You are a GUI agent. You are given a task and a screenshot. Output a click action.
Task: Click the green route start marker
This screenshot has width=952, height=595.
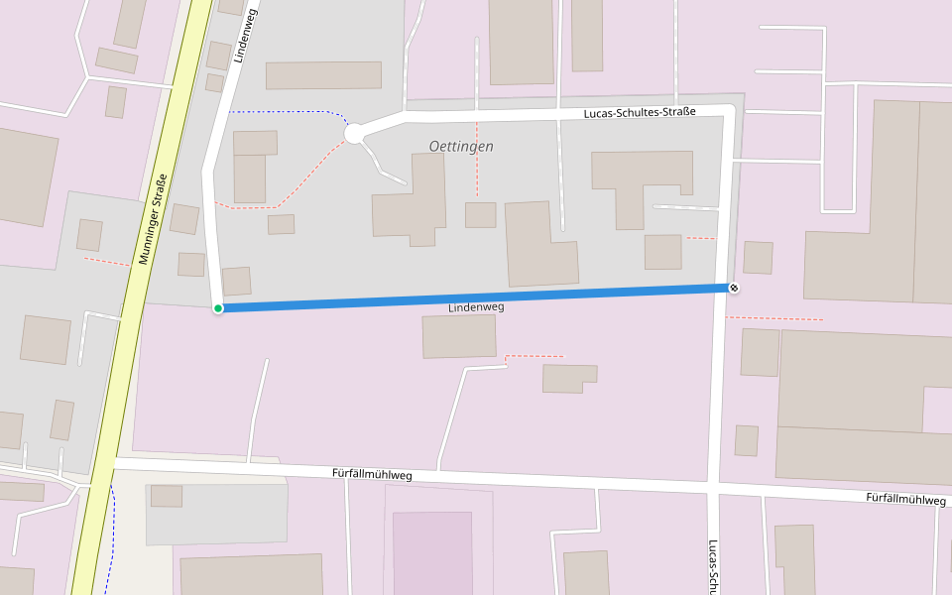218,308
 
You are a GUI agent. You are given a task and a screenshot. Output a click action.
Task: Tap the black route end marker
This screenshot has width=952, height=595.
734,288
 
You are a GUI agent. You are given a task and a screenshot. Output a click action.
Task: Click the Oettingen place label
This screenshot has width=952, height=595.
461,147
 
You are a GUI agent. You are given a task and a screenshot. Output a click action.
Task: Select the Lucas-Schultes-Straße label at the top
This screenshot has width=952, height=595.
640,114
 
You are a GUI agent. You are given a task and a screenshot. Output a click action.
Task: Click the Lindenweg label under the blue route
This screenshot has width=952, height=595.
476,308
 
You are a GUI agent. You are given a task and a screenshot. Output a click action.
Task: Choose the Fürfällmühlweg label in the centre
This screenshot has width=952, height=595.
372,475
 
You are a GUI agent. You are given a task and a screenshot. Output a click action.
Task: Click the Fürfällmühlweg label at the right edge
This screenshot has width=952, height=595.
904,499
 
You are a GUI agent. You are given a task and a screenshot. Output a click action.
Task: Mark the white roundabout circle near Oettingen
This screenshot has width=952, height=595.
354,133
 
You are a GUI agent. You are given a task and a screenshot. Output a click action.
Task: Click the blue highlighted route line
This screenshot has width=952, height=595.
476,297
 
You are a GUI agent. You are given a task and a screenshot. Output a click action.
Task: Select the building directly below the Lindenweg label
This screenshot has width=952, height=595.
459,336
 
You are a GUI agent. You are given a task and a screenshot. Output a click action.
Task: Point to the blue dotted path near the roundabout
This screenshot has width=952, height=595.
288,112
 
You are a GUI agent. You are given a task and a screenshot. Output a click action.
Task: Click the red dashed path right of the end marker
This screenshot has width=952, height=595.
773,318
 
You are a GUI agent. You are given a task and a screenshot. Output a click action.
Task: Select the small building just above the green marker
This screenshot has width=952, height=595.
236,282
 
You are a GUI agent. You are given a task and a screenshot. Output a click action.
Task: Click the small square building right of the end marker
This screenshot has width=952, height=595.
758,258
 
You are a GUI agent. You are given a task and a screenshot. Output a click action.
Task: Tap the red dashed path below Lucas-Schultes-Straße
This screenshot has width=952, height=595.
477,159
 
